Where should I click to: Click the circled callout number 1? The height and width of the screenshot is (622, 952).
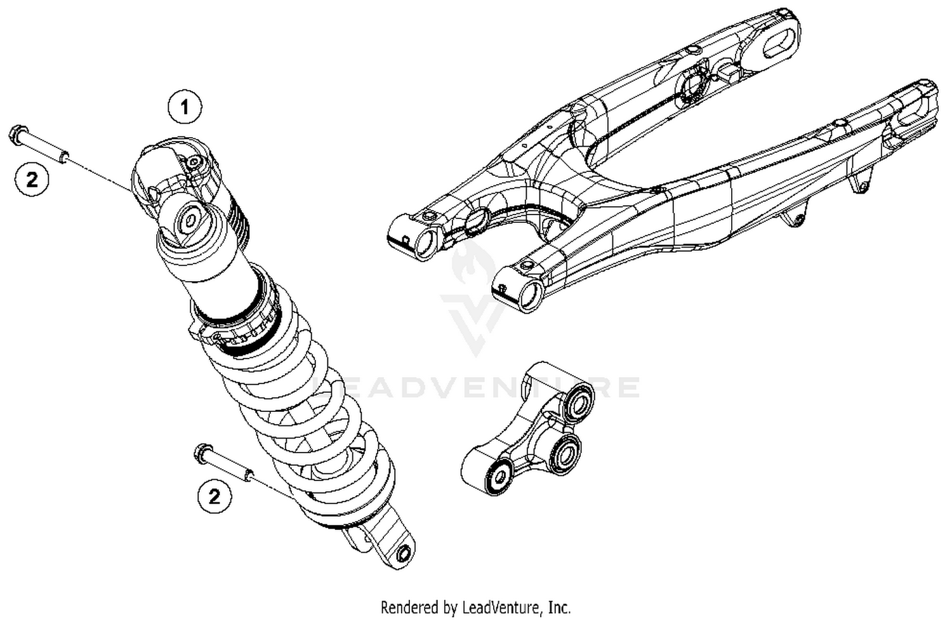point(185,107)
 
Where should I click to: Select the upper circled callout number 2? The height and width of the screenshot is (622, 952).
point(32,180)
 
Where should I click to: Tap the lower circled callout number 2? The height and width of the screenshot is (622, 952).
point(215,495)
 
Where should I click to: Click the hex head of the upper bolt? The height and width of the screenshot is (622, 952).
point(17,135)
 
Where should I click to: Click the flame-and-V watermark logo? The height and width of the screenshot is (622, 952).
point(473,298)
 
